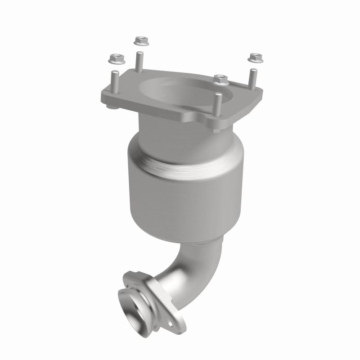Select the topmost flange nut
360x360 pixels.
[140, 41]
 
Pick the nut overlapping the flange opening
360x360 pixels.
[221, 80]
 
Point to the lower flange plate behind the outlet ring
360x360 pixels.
[173, 310]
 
